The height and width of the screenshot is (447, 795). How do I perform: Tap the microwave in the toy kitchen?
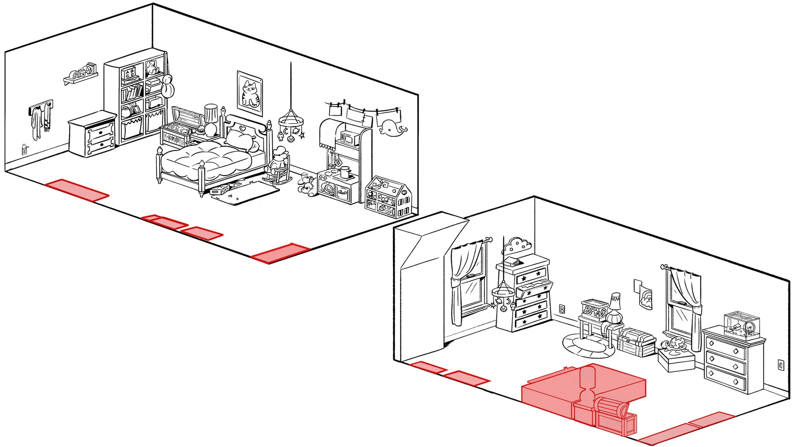(x=348, y=138)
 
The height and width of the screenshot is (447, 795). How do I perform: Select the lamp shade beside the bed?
(x=211, y=113)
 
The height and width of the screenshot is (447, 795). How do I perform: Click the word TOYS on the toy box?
(x=173, y=139)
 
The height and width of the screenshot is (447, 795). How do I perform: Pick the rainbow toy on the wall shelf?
(x=75, y=75)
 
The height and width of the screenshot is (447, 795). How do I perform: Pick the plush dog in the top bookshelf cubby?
(x=153, y=68)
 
